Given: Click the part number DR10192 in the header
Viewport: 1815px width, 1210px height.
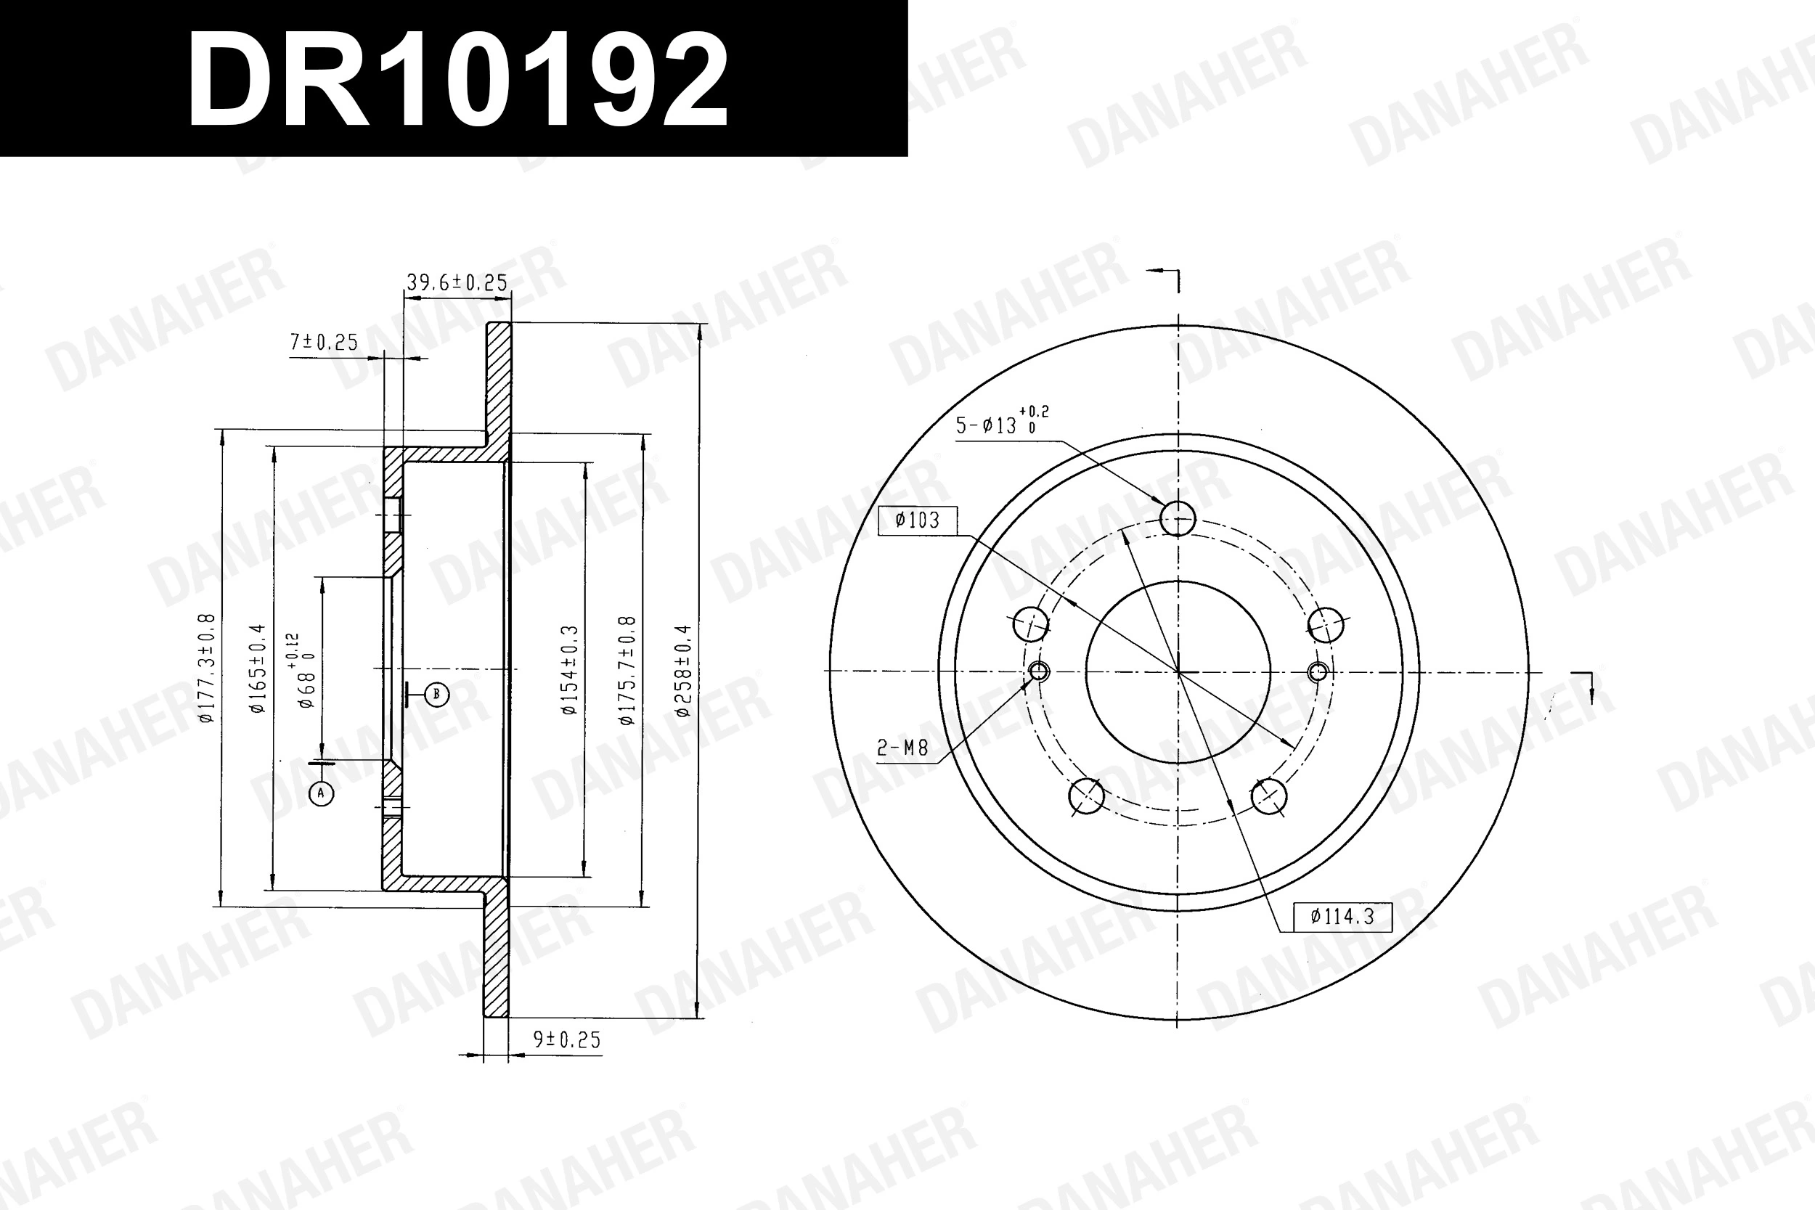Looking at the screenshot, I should (457, 80).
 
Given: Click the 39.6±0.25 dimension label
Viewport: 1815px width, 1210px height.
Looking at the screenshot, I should (457, 282).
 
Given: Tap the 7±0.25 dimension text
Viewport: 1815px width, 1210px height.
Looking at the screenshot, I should (324, 342).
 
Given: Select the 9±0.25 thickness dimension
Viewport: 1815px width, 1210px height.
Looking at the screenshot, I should (566, 1040).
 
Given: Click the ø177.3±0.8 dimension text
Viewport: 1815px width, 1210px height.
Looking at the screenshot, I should (206, 669).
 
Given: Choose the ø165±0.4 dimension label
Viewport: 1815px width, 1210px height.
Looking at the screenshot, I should (257, 669).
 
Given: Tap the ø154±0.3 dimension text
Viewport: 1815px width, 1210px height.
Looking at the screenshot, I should (569, 670).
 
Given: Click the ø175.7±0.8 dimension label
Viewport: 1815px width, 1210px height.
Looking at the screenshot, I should (627, 670).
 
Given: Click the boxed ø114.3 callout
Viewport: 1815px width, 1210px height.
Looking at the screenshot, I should (1342, 917).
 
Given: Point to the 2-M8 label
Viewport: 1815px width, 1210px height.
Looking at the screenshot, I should (902, 748).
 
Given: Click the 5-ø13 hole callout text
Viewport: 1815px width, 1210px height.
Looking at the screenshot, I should (1001, 423).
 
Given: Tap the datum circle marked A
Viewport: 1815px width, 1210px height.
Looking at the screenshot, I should (322, 793).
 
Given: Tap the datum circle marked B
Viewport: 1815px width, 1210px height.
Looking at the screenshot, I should (436, 694).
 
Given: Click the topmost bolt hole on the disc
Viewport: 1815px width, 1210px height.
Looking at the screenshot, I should (1178, 518).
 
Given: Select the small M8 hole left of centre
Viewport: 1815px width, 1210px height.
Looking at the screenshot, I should (1039, 671).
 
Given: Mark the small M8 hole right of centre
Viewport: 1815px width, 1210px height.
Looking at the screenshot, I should (1318, 671).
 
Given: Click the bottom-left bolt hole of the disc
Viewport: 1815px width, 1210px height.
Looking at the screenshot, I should (1087, 796).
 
